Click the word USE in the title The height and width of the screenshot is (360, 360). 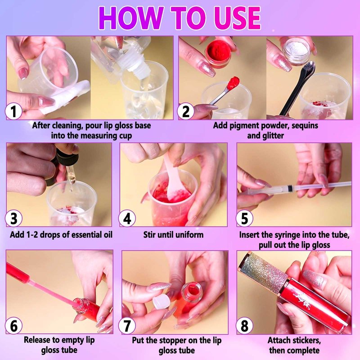pos(237,18)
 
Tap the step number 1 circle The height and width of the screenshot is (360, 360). pos(13,111)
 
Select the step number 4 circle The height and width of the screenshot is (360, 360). pos(127,218)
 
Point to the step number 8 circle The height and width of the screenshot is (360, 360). pos(244,325)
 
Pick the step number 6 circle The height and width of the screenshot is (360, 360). pos(13,325)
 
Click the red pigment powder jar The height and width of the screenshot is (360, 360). pos(218,54)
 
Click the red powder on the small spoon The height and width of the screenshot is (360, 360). pos(233,83)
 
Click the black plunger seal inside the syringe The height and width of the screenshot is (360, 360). pos(290,188)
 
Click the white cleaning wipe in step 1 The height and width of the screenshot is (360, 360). pos(67,96)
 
